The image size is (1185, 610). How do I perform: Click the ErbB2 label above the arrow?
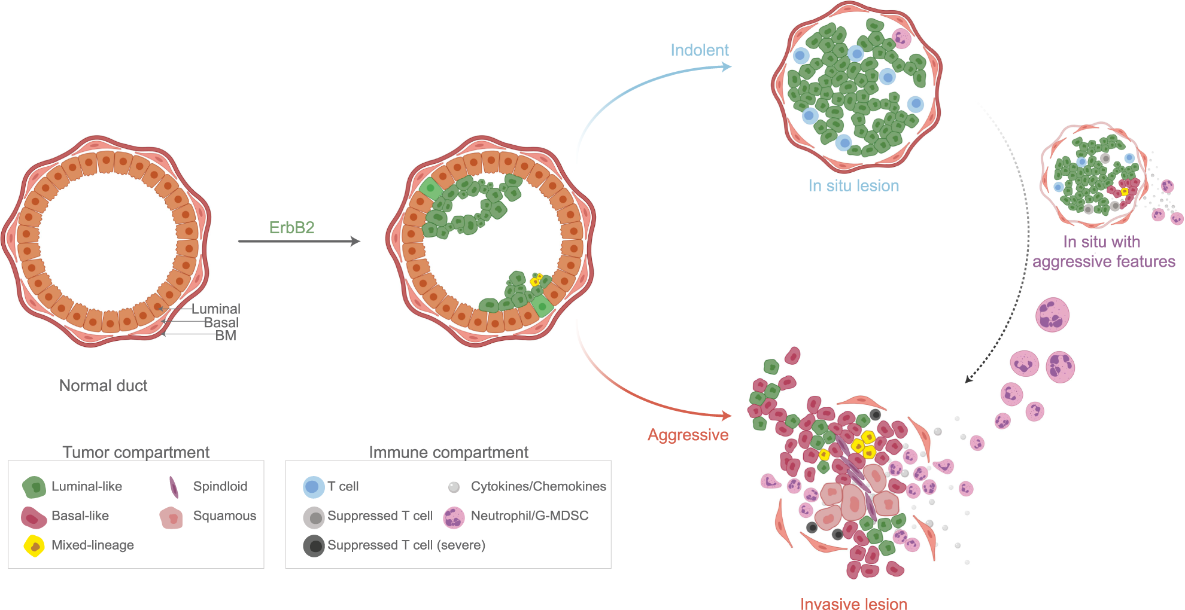point(291,228)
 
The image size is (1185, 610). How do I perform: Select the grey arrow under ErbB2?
point(299,241)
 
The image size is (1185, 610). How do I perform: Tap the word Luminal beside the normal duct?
point(215,309)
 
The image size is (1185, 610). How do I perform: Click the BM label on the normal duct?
point(226,335)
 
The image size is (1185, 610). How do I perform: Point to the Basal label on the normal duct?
point(221,322)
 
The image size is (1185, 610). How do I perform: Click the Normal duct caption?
point(103,386)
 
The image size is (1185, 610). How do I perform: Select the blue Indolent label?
point(699,50)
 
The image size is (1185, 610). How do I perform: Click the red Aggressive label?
point(688,435)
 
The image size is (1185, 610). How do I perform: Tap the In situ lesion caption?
point(853,186)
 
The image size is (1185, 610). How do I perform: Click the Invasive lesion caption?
point(853,604)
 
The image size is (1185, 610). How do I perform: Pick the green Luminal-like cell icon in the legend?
point(34,487)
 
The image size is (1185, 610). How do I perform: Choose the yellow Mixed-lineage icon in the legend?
point(34,545)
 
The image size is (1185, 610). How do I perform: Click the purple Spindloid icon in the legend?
point(174,487)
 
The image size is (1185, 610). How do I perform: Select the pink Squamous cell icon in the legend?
point(171,517)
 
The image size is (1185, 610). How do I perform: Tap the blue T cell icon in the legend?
point(313,487)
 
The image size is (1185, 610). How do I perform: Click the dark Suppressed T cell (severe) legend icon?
point(314,545)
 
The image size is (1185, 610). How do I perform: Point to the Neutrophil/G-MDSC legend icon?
point(454,517)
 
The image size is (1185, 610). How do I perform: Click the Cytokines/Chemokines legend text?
point(538,486)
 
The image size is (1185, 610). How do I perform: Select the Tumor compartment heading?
point(136,452)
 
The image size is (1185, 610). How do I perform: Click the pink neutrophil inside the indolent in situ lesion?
point(901,38)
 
